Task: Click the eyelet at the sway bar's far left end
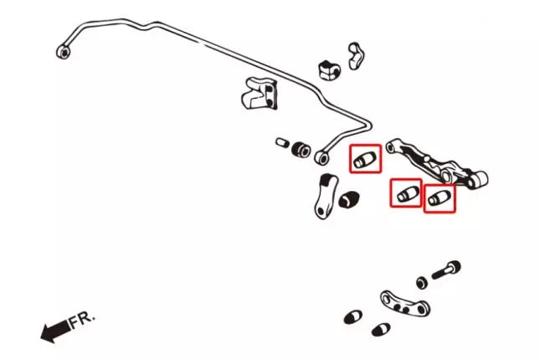[63, 52]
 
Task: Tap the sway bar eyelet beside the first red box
[323, 157]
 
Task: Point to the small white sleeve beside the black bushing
[283, 143]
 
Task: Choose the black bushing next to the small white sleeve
[301, 149]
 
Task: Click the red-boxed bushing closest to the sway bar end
[363, 159]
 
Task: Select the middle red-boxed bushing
[408, 194]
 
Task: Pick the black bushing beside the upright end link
[351, 199]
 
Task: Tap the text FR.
[82, 319]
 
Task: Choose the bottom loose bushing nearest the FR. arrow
[352, 317]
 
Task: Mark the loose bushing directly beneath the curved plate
[382, 329]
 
